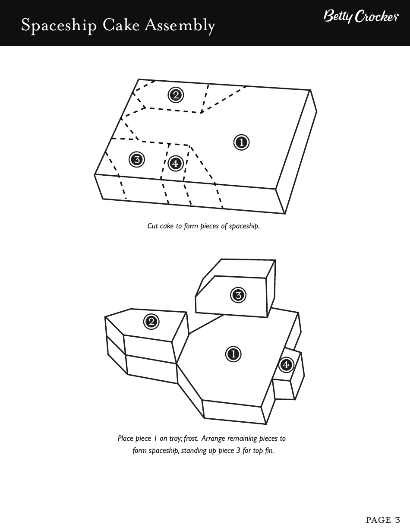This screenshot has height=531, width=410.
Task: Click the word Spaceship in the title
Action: click(x=60, y=26)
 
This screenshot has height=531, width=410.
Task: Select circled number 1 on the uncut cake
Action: click(x=241, y=142)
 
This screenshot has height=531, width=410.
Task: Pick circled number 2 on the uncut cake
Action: click(x=175, y=95)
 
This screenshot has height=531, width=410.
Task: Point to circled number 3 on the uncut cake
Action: click(x=136, y=159)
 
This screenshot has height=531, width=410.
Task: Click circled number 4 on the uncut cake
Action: click(x=175, y=163)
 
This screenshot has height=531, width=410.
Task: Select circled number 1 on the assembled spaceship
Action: click(x=233, y=354)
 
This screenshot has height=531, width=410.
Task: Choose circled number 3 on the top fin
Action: click(x=238, y=295)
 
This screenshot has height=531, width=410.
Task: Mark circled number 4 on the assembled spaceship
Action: click(x=285, y=365)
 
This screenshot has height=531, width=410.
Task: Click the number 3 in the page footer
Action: click(x=397, y=520)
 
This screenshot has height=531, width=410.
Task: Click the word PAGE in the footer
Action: click(x=378, y=520)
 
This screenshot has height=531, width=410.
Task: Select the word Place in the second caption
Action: click(x=126, y=439)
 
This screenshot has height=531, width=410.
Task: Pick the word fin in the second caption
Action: click(x=269, y=451)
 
